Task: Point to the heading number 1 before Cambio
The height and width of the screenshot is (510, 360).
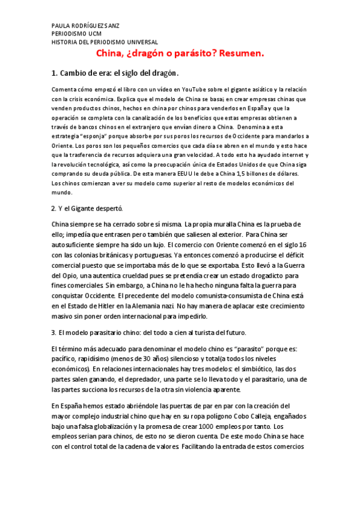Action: tap(54, 73)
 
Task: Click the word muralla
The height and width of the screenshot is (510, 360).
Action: tap(228, 224)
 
